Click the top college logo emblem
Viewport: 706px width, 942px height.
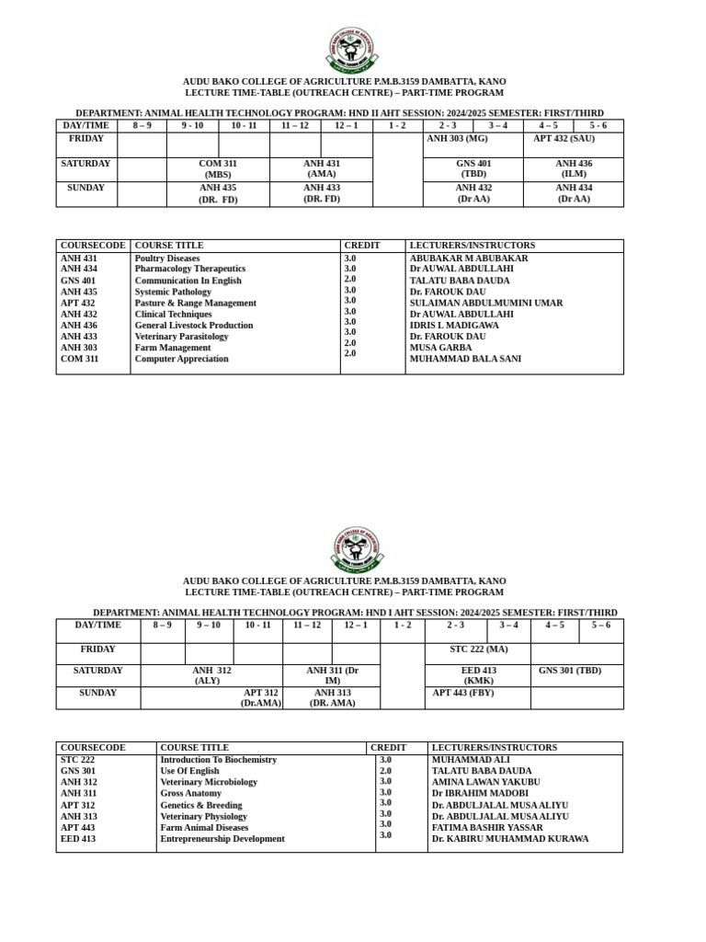[x=351, y=50]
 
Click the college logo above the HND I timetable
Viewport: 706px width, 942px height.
[x=356, y=549]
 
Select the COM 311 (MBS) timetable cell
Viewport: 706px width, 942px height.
[x=218, y=169]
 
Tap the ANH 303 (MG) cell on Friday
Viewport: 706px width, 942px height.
[x=457, y=139]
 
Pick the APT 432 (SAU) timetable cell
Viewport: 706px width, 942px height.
[x=564, y=139]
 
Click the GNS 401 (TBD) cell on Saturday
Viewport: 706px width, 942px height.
[x=473, y=169]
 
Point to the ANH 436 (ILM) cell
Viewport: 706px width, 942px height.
[x=574, y=169]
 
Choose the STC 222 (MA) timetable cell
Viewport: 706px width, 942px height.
[x=478, y=649]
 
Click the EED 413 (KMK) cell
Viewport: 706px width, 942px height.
[x=478, y=676]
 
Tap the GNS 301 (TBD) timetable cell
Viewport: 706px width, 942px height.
[x=570, y=671]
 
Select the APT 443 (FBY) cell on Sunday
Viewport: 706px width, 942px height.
[x=463, y=693]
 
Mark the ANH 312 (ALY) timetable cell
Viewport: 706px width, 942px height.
[x=211, y=676]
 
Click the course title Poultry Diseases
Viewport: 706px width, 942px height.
[x=167, y=258]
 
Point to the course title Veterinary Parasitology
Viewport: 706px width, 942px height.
[x=181, y=337]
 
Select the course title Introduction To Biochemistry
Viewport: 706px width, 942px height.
[x=218, y=760]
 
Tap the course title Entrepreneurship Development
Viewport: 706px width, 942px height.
[x=222, y=839]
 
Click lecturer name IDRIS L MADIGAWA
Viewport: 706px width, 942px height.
[x=454, y=326]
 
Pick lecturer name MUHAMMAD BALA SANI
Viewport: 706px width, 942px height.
[x=465, y=359]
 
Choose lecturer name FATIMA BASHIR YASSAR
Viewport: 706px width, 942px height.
[x=487, y=828]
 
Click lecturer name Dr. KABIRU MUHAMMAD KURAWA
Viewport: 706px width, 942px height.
[x=510, y=839]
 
